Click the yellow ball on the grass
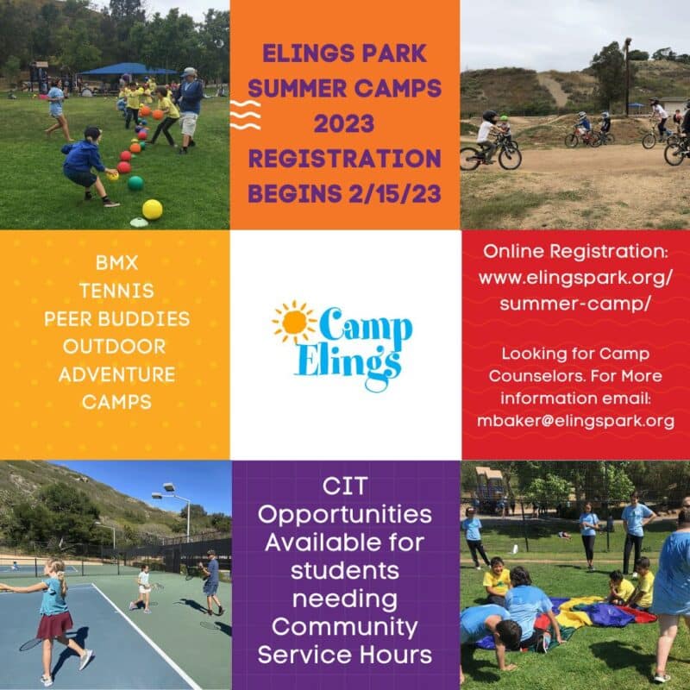click(153, 209)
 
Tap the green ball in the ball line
click(135, 183)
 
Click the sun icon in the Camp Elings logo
click(294, 322)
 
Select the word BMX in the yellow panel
click(116, 263)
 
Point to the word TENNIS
click(116, 291)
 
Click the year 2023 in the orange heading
click(344, 123)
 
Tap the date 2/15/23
click(395, 193)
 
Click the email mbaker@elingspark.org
click(575, 421)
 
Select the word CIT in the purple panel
click(344, 486)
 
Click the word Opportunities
click(344, 515)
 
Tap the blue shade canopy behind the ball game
click(128, 69)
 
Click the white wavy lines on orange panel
click(245, 115)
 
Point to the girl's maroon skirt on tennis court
click(54, 625)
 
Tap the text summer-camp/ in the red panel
click(574, 304)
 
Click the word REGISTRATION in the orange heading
click(344, 159)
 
